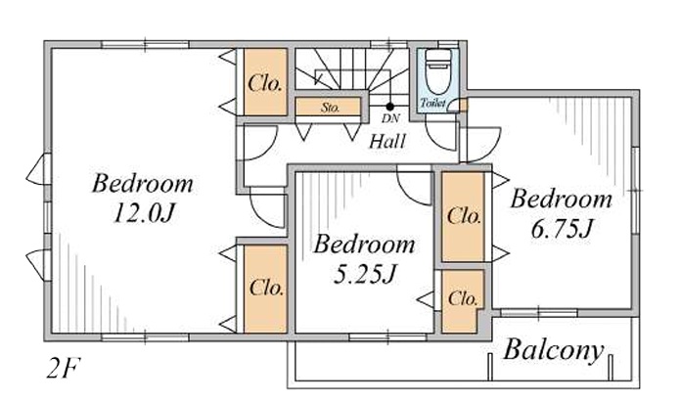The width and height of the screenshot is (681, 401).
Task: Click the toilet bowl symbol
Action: (437, 71)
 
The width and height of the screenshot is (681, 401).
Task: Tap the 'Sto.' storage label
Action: (330, 108)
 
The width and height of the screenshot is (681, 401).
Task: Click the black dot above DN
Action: (389, 107)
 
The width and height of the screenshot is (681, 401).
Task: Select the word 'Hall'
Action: (387, 142)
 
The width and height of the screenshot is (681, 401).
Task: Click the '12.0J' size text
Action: (143, 213)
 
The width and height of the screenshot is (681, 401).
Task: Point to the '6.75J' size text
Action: (561, 229)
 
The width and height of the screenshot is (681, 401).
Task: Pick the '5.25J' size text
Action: (365, 274)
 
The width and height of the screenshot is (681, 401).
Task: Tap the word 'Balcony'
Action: (554, 350)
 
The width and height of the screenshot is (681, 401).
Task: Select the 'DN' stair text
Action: (390, 117)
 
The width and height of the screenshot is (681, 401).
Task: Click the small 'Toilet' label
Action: (432, 104)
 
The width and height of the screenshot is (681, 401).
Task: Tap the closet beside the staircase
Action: (265, 82)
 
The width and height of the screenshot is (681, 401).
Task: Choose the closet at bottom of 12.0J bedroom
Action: (265, 289)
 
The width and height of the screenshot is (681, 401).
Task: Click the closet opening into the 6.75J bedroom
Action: (463, 216)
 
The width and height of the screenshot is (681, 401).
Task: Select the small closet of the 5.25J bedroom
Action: (462, 301)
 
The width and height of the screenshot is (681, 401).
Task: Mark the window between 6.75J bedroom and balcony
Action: (538, 313)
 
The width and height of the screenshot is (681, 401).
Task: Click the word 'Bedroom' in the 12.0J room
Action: (143, 184)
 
